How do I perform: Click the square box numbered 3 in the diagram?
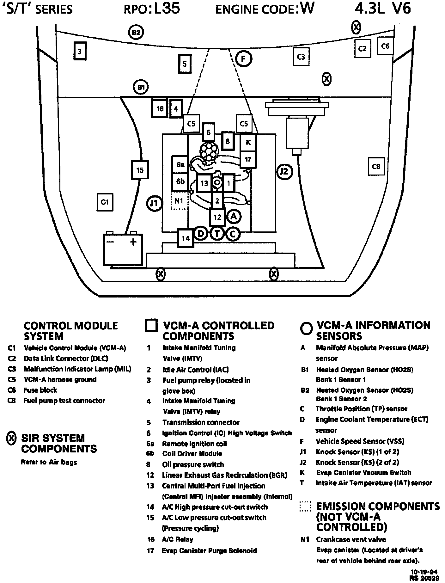(80, 51)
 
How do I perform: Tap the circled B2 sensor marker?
(136, 32)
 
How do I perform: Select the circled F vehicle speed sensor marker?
(243, 59)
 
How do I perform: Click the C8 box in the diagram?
(376, 166)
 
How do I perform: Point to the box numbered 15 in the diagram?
(140, 170)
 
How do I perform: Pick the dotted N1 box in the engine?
(179, 201)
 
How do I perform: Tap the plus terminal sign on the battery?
(133, 242)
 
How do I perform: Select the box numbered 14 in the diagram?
(186, 238)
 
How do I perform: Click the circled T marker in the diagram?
(217, 234)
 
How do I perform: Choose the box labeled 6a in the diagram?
(180, 164)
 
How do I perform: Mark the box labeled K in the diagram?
(248, 142)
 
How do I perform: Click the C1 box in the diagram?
(105, 202)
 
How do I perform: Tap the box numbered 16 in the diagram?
(160, 108)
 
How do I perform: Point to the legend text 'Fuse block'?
(40, 390)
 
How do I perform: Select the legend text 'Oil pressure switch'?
(193, 464)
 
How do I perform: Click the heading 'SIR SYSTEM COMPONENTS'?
(59, 443)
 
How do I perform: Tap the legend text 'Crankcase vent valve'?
(351, 540)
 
